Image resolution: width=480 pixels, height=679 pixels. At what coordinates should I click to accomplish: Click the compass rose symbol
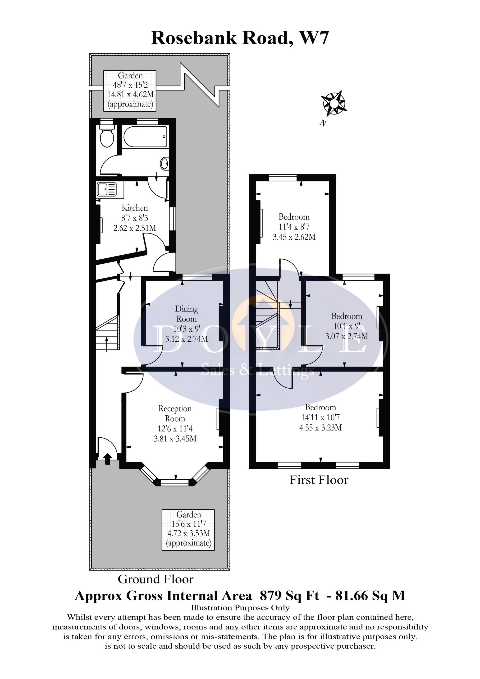334,104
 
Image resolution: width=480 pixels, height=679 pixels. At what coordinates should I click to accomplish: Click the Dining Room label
186,314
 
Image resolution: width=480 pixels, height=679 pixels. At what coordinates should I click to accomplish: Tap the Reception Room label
175,413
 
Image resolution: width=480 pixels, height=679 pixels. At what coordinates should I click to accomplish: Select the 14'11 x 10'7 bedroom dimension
320,417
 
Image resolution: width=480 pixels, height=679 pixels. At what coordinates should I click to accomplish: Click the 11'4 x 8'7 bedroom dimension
294,227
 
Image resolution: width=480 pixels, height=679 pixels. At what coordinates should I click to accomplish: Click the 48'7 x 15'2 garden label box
130,91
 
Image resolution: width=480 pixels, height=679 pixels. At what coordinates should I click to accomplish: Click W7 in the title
314,38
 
